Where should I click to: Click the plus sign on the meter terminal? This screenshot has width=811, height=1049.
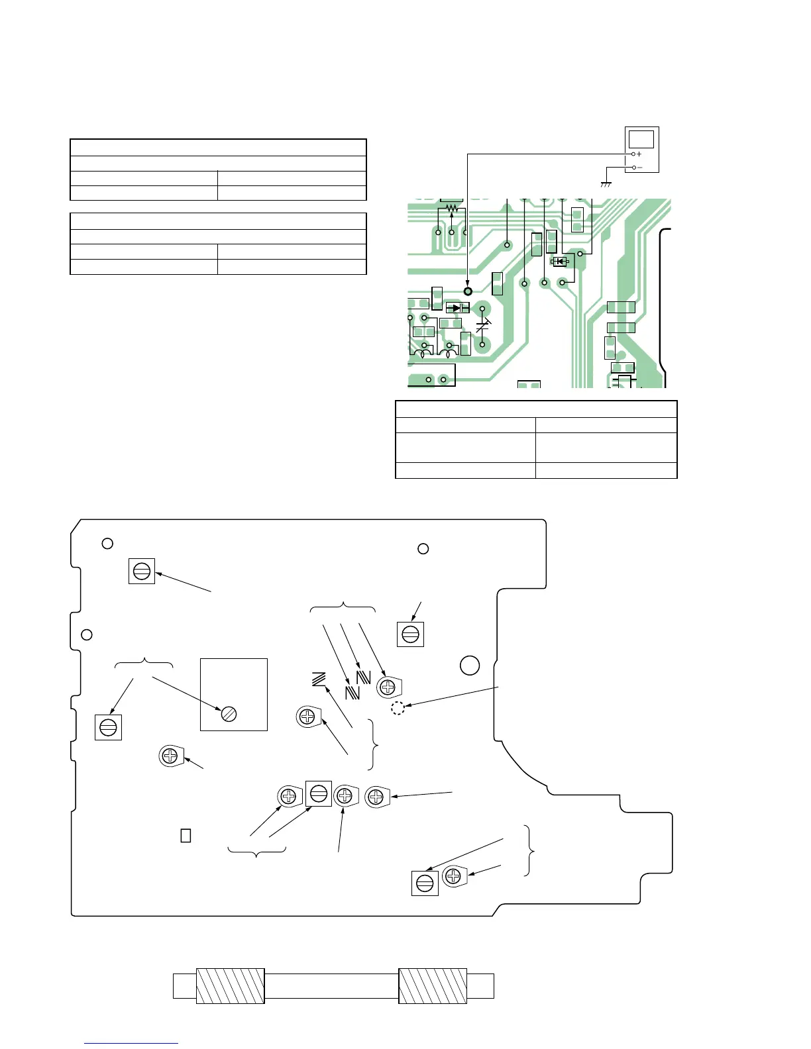[x=639, y=154]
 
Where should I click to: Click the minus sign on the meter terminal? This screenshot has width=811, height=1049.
[x=639, y=168]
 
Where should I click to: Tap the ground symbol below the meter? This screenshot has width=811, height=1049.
[x=605, y=184]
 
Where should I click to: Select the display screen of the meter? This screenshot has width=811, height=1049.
[x=641, y=139]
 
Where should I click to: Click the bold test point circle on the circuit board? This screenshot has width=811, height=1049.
[x=468, y=291]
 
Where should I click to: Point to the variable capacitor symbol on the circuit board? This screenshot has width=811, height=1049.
[x=483, y=326]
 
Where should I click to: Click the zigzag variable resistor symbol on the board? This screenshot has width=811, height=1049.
[x=451, y=209]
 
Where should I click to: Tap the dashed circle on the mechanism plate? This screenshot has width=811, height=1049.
[x=398, y=708]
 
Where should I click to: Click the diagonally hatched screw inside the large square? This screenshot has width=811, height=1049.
[x=229, y=713]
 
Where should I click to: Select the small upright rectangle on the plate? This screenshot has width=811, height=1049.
[x=186, y=835]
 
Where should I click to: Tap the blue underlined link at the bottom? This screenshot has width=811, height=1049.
[x=131, y=1044]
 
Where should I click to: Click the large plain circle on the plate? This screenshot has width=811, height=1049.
[x=470, y=665]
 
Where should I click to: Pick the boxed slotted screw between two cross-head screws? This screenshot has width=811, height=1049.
[x=318, y=793]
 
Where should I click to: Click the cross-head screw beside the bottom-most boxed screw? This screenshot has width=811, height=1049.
[x=453, y=876]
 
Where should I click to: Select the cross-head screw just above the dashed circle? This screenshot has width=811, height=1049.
[x=387, y=687]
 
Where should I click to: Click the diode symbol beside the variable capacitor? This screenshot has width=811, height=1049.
[x=457, y=308]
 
